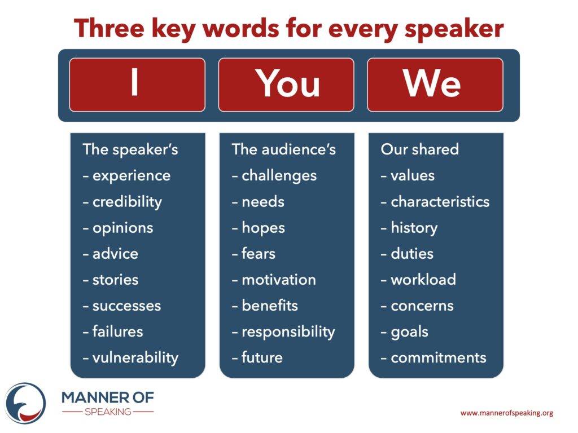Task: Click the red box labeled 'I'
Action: pyautogui.click(x=137, y=85)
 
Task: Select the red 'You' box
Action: pyautogui.click(x=286, y=85)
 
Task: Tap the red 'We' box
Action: pyautogui.click(x=435, y=85)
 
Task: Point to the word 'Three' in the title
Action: pyautogui.click(x=109, y=28)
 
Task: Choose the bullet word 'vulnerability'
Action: pyautogui.click(x=135, y=358)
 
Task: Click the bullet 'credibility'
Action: pyautogui.click(x=127, y=202)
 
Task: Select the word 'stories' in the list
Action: pyautogui.click(x=115, y=280)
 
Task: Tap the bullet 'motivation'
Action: pyautogui.click(x=279, y=280)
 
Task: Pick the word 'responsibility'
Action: pyautogui.click(x=288, y=332)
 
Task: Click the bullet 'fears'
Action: pyautogui.click(x=259, y=253)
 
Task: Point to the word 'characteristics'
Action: pyautogui.click(x=440, y=201)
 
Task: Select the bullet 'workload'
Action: pyautogui.click(x=423, y=280)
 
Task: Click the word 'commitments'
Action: pyautogui.click(x=438, y=357)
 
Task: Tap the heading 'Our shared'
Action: pyautogui.click(x=420, y=149)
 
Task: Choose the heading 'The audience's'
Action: pyautogui.click(x=284, y=149)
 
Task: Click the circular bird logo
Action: pyautogui.click(x=25, y=403)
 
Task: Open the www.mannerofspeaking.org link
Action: pyautogui.click(x=507, y=413)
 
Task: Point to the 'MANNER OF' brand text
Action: pyautogui.click(x=108, y=397)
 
